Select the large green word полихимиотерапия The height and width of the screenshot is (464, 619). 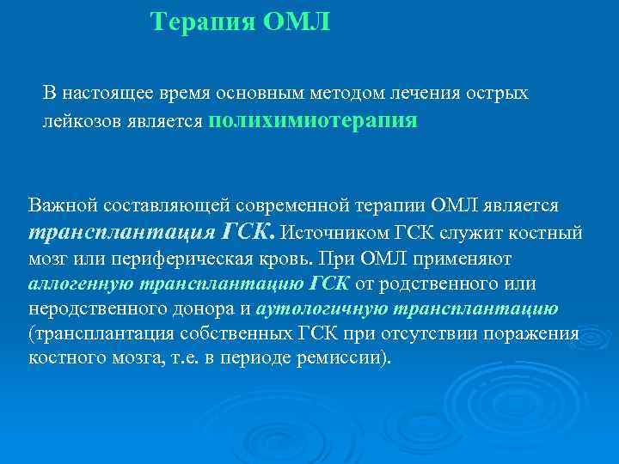[312, 121]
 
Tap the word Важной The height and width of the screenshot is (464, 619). [63, 206]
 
